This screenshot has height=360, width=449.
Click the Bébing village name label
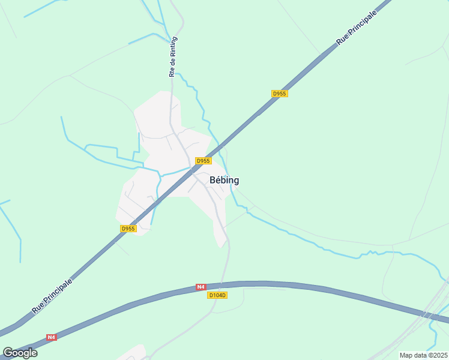click(224, 180)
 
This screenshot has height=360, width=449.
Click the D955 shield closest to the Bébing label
click(203, 161)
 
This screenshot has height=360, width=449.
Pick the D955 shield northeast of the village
click(280, 94)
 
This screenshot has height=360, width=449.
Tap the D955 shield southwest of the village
click(128, 229)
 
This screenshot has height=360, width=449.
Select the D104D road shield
click(217, 295)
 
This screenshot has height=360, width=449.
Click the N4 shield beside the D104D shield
click(200, 288)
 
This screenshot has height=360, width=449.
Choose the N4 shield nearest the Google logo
click(51, 337)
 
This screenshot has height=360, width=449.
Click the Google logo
click(20, 352)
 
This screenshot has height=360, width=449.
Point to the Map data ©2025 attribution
click(423, 355)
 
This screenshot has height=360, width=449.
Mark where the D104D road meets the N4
click(221, 283)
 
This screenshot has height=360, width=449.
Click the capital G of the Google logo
click(8, 352)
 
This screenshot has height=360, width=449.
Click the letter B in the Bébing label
click(212, 180)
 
